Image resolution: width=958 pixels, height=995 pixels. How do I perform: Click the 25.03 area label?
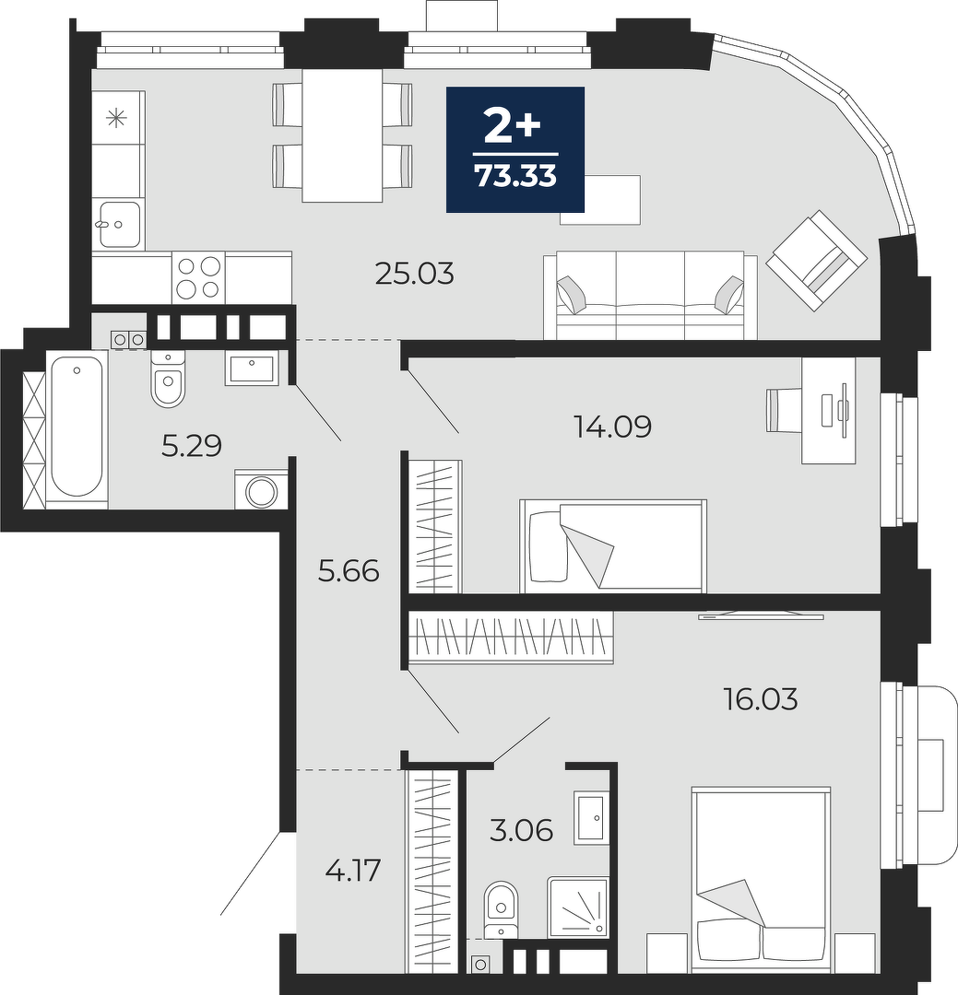click(x=414, y=275)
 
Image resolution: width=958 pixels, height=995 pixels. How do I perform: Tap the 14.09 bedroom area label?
click(x=612, y=427)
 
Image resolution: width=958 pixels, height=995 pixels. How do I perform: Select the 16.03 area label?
click(x=761, y=699)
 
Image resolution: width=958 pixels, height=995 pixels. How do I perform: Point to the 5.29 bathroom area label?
click(x=192, y=446)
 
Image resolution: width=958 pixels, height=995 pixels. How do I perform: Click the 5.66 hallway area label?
click(x=349, y=571)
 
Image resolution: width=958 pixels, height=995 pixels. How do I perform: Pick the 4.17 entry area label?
click(x=352, y=870)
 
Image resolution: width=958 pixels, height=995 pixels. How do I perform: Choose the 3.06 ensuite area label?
click(x=522, y=830)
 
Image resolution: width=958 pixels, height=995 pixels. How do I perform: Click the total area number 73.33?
click(x=515, y=176)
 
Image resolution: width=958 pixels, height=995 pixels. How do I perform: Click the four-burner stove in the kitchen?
click(x=198, y=277)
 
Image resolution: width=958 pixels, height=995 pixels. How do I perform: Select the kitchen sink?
click(x=119, y=223)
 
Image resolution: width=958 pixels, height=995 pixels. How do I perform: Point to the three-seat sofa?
click(x=650, y=295)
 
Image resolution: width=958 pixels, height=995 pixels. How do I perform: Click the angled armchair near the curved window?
click(x=817, y=260)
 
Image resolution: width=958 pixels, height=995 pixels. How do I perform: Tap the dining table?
click(x=342, y=135)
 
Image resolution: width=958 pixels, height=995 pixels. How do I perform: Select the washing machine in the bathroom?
click(x=260, y=489)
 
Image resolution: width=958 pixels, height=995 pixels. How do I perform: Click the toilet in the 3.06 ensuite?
click(x=502, y=908)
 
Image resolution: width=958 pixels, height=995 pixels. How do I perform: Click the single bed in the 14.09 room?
click(x=613, y=545)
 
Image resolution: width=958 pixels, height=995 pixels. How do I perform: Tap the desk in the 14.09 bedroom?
click(x=828, y=410)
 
